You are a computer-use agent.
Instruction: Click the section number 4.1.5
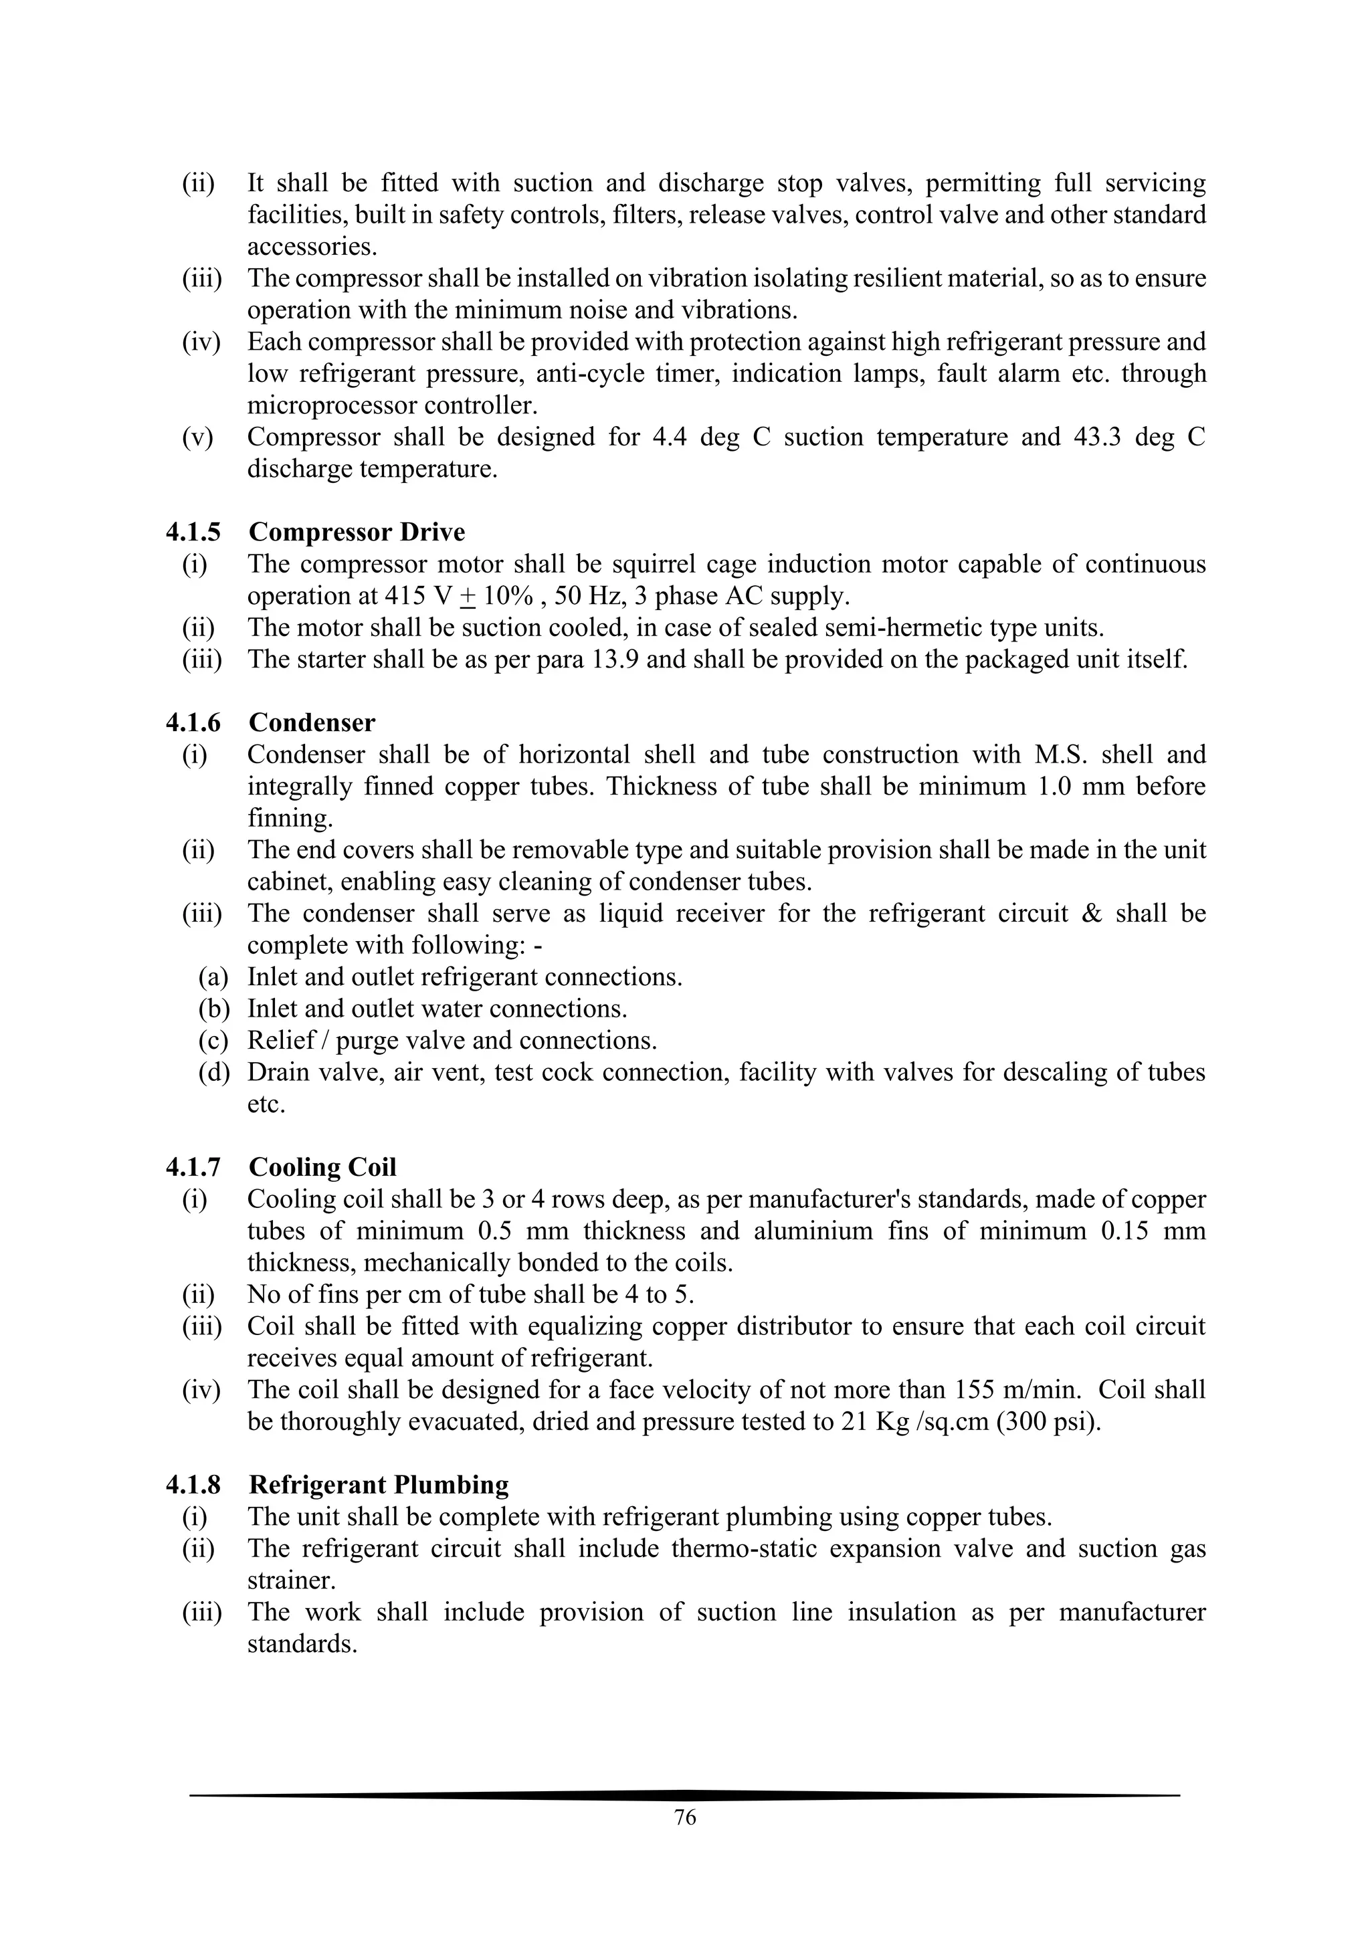coord(193,532)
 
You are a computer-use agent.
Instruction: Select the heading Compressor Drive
coord(356,532)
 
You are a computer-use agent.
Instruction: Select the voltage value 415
coord(404,597)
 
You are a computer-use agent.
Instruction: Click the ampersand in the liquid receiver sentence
coord(1091,914)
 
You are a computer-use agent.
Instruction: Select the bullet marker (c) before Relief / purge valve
coord(213,1041)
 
